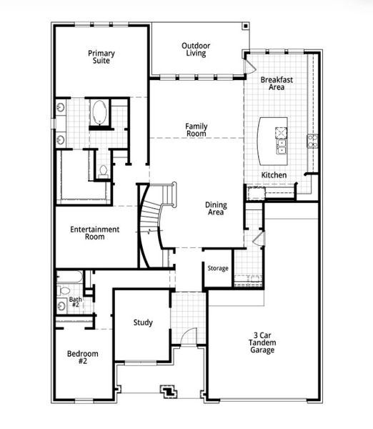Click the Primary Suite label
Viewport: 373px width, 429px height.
coord(101,57)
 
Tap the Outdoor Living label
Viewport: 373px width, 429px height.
coord(196,49)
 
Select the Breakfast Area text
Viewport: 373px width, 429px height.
coord(272,83)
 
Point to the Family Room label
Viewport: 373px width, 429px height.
coord(196,129)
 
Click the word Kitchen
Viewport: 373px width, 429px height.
coord(274,175)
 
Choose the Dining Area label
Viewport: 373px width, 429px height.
coord(215,208)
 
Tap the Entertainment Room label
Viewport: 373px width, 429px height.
coord(94,233)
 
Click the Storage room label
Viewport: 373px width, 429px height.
coord(218,269)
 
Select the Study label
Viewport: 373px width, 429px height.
coord(143,322)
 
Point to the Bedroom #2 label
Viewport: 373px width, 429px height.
coord(83,357)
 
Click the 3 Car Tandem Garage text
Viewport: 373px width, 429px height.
coord(262,343)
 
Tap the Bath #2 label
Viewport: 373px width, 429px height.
coord(75,303)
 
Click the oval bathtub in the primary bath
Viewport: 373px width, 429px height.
coord(99,113)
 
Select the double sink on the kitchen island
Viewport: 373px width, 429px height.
coord(282,147)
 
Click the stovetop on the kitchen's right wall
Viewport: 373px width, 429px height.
coord(311,140)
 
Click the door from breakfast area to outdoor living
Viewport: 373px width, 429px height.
coord(249,65)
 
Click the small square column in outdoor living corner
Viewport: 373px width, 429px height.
coord(245,26)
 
